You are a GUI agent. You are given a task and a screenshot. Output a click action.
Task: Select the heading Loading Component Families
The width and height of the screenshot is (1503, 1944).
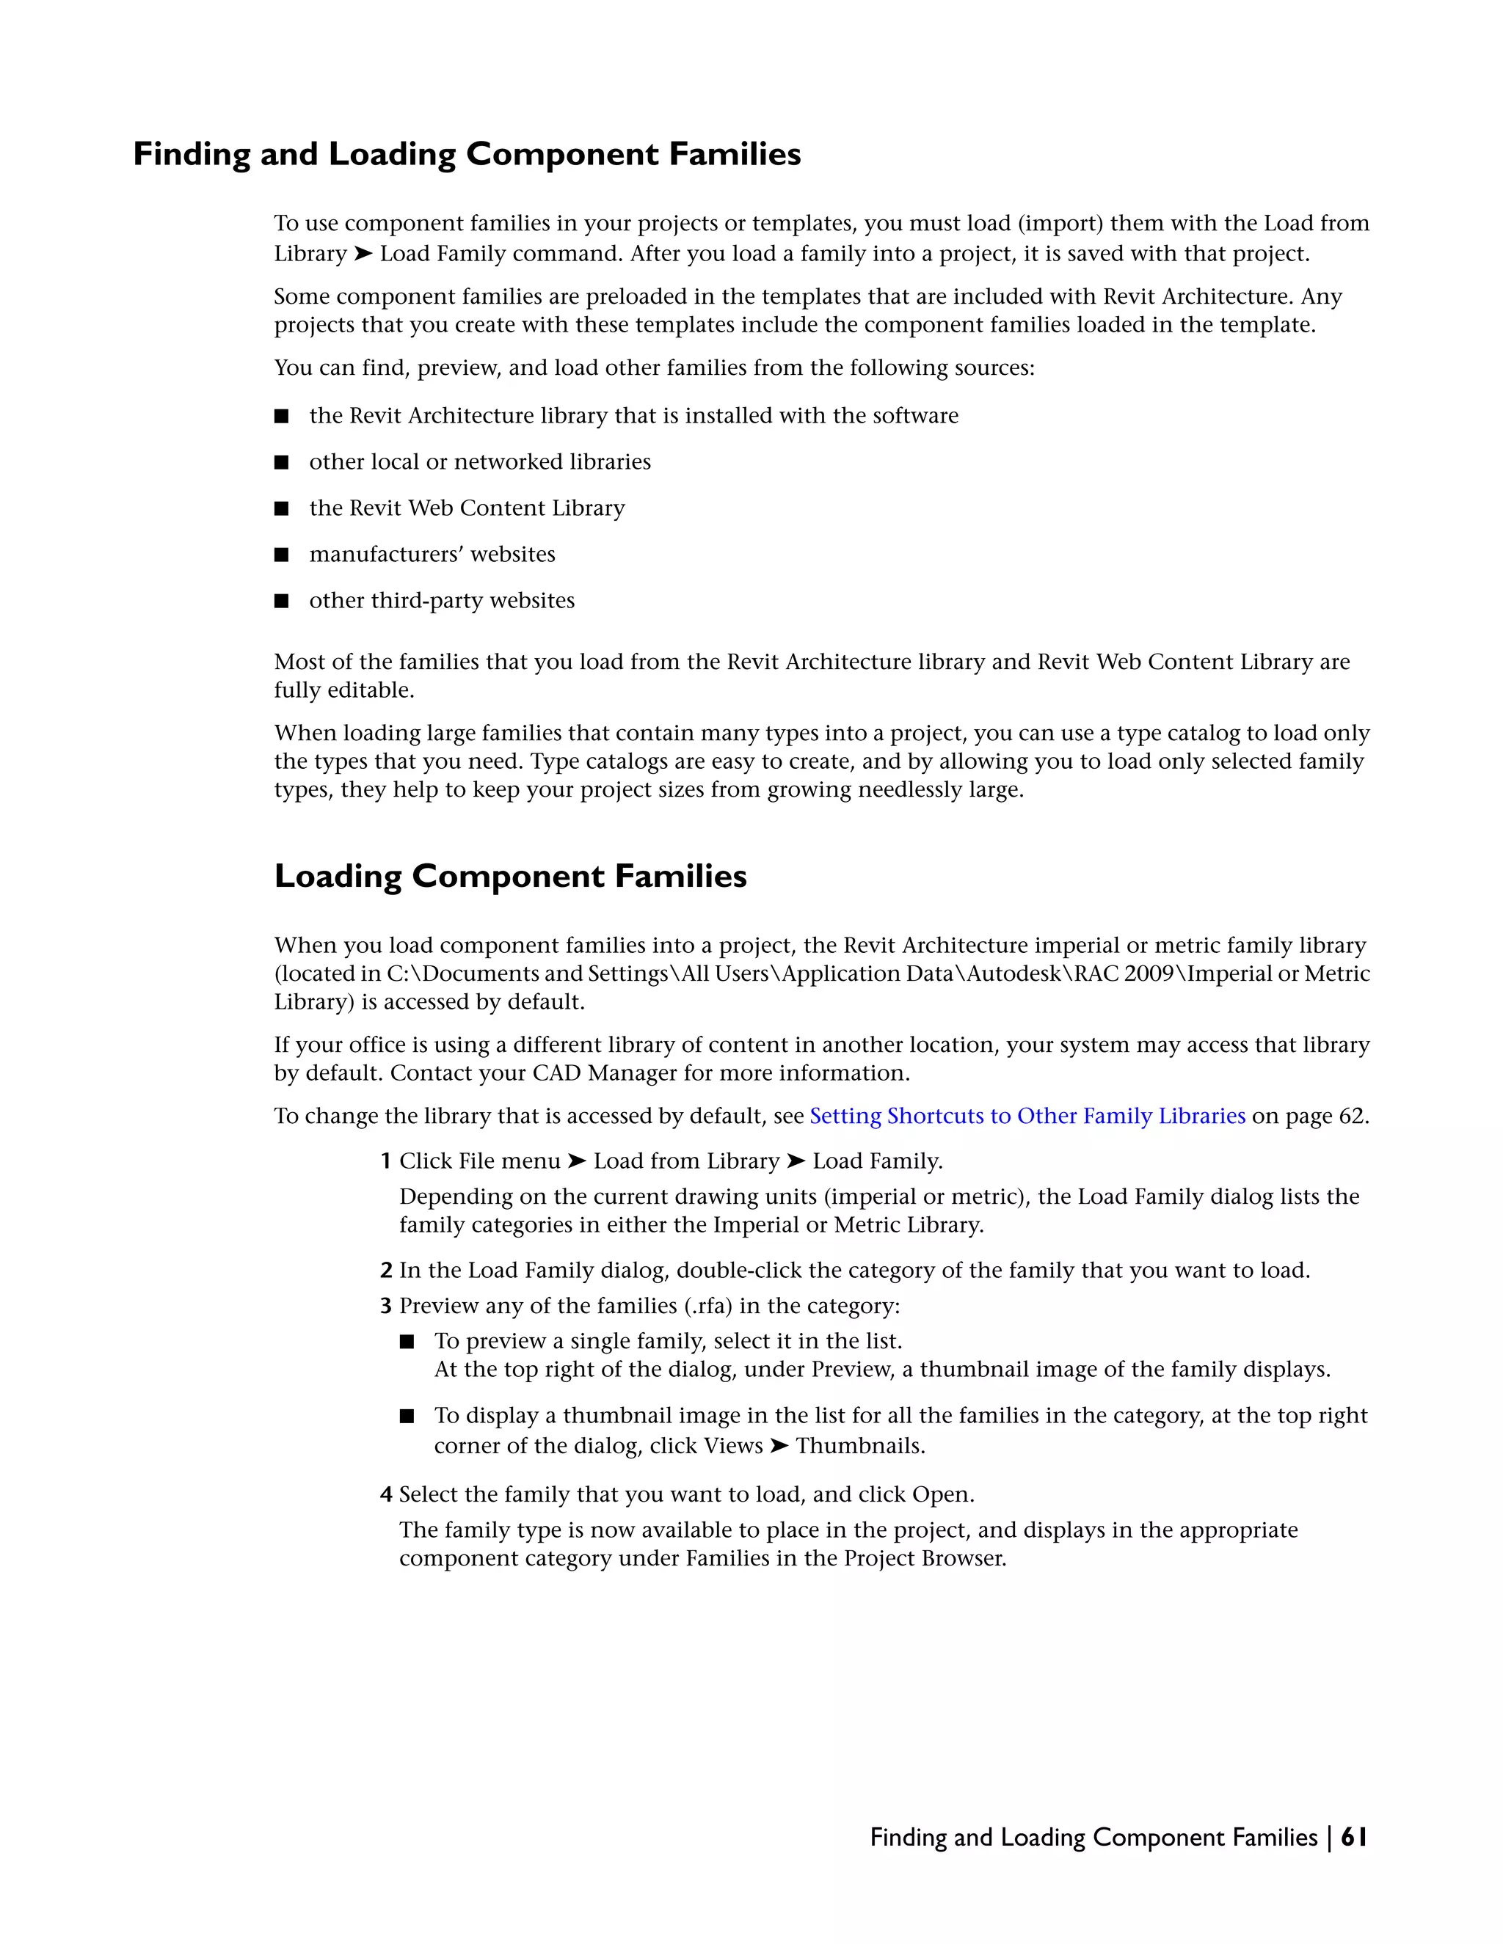[x=510, y=876]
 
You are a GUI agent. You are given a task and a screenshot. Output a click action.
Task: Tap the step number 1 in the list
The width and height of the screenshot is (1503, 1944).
[x=385, y=1161]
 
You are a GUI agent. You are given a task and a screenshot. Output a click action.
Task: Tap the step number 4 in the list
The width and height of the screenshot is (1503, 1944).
[x=385, y=1494]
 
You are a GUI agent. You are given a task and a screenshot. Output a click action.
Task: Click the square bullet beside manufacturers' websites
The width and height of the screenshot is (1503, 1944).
[x=281, y=555]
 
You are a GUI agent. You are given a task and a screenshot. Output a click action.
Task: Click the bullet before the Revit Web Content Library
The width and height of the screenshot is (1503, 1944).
[x=281, y=508]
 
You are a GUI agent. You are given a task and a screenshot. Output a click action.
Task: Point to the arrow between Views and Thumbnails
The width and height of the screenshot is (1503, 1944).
[x=779, y=1446]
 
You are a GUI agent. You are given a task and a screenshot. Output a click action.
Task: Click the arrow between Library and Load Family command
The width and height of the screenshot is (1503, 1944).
[x=363, y=254]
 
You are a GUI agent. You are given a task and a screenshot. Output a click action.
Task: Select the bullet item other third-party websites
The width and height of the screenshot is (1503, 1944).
[x=442, y=601]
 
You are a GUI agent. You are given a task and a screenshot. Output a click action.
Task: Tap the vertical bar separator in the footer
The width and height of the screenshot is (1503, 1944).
[x=1329, y=1837]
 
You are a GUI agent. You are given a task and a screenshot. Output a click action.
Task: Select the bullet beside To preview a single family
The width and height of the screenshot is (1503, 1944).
[x=407, y=1342]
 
